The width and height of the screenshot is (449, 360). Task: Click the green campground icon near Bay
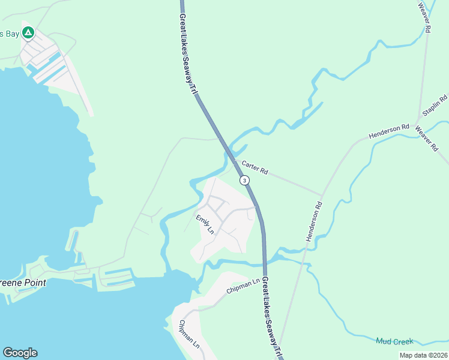pyautogui.click(x=28, y=34)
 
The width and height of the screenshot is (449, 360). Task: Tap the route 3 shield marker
pyautogui.click(x=244, y=180)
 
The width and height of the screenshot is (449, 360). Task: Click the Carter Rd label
pyautogui.click(x=255, y=167)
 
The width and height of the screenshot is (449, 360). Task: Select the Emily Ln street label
pyautogui.click(x=205, y=224)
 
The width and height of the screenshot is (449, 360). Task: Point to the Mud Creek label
pyautogui.click(x=394, y=341)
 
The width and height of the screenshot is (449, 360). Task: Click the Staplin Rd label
pyautogui.click(x=435, y=106)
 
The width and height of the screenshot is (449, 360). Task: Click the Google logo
pyautogui.click(x=20, y=353)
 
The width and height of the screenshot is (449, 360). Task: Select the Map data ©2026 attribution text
pyautogui.click(x=423, y=355)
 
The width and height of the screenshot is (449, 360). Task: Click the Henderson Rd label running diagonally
pyautogui.click(x=313, y=221)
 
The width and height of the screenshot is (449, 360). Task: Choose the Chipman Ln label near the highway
pyautogui.click(x=243, y=286)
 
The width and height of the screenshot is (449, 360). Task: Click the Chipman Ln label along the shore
pyautogui.click(x=189, y=334)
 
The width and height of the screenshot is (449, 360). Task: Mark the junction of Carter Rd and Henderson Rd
pyautogui.click(x=322, y=195)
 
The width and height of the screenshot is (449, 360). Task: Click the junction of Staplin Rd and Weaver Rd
pyautogui.click(x=419, y=120)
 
